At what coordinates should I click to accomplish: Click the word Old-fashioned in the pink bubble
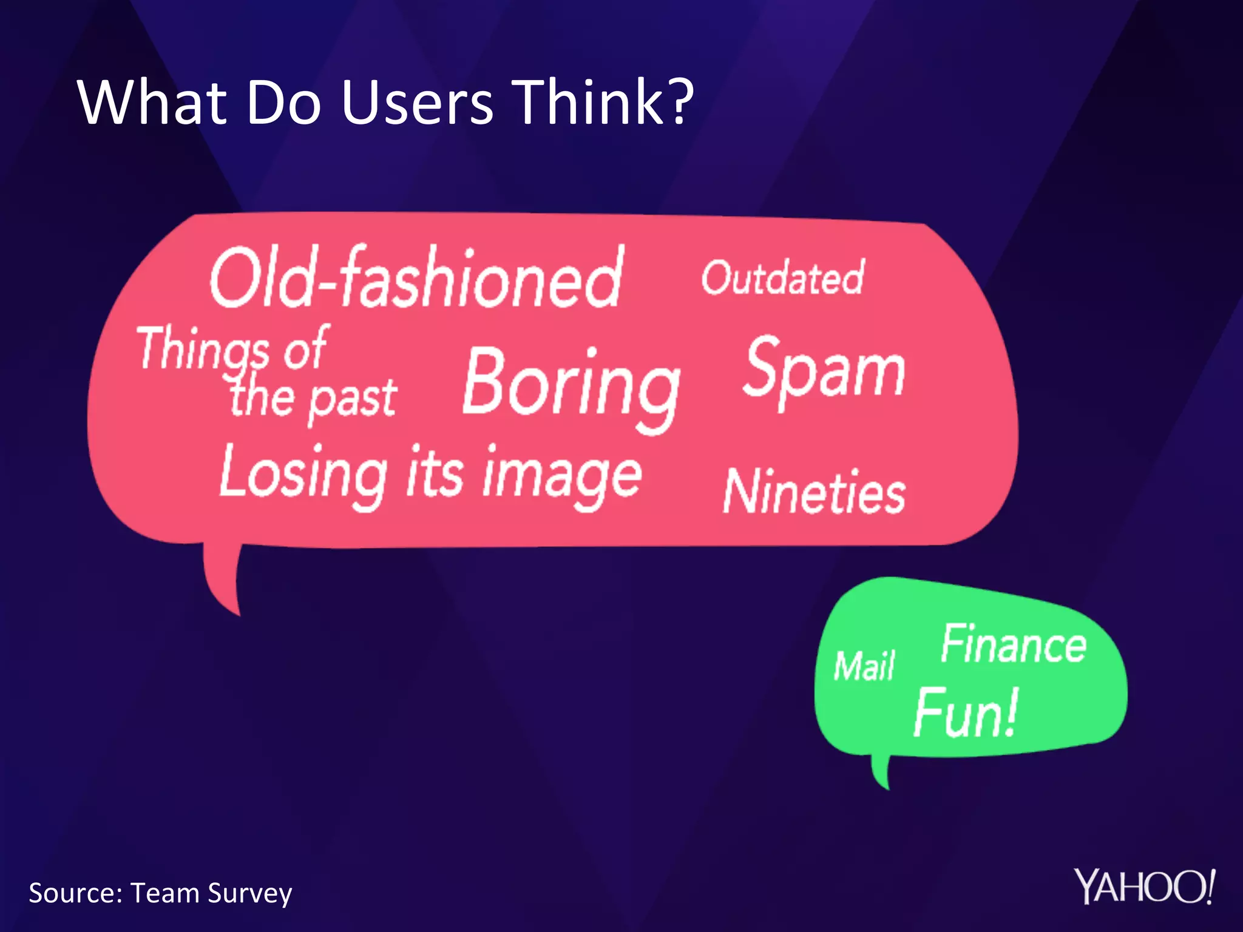[416, 279]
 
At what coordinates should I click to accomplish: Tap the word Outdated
[783, 278]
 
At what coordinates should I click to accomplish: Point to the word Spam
[824, 370]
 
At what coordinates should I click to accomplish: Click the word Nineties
[815, 491]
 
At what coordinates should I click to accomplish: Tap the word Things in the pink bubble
[203, 349]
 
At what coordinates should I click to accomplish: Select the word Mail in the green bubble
[864, 666]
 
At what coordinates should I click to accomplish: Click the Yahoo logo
[1145, 887]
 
